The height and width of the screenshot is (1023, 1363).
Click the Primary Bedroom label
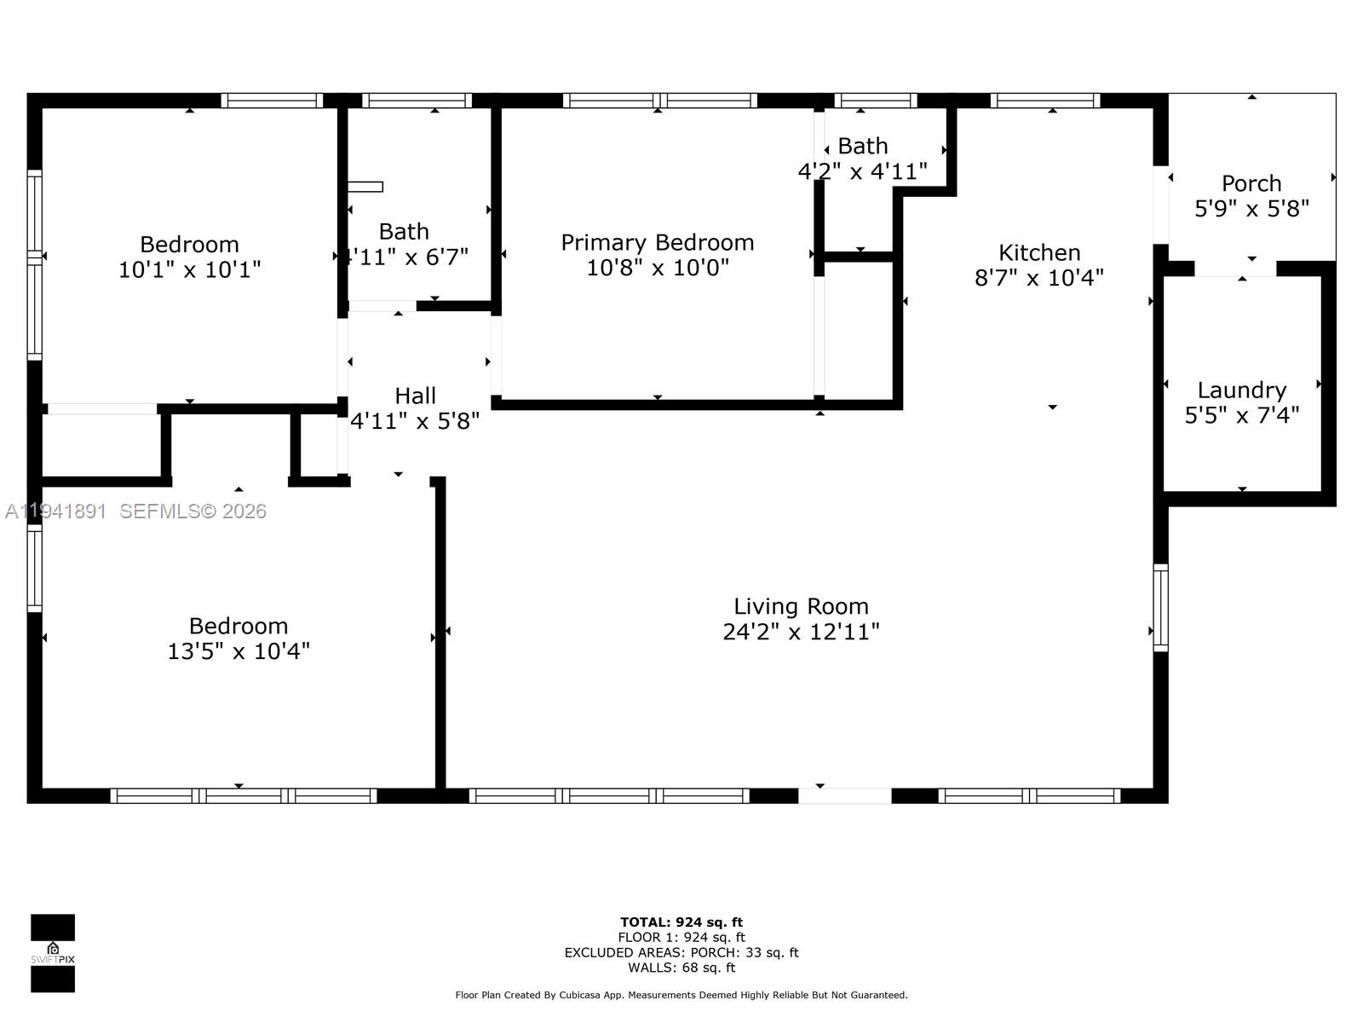point(657,243)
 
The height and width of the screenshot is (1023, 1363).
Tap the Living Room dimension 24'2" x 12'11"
point(801,632)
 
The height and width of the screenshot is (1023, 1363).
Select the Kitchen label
point(1039,252)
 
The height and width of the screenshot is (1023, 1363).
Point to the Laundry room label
point(1241,390)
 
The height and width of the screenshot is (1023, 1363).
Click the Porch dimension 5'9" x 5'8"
point(1251,209)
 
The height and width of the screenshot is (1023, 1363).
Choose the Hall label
point(415,396)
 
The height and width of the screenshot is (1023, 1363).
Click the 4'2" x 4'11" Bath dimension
point(862,171)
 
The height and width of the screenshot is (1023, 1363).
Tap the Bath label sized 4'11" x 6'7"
point(404,232)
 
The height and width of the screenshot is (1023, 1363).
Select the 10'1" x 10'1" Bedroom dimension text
point(189,270)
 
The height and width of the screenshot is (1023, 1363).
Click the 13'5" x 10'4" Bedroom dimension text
point(239,651)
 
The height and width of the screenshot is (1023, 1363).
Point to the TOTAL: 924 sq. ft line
point(681,922)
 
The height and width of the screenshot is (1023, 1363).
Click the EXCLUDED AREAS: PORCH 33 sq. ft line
point(681,952)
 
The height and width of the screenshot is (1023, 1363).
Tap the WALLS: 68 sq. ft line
point(681,968)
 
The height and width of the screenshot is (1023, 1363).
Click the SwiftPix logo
point(53,953)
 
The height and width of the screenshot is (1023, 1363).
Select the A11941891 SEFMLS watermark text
point(136,511)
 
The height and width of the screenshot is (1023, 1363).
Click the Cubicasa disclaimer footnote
point(681,995)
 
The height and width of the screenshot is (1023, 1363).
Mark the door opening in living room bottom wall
point(844,795)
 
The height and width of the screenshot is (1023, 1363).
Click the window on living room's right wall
point(1160,608)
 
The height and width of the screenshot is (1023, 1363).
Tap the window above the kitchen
point(1045,101)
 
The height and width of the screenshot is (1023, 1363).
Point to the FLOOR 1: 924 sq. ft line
point(681,937)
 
